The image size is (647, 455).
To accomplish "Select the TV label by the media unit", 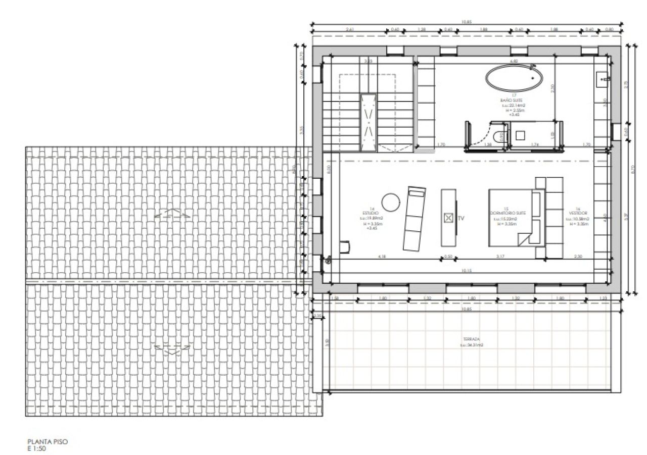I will [461, 219].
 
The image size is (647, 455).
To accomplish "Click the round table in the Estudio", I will [391, 203].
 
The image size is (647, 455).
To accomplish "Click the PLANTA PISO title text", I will [48, 441].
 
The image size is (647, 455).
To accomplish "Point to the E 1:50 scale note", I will [37, 448].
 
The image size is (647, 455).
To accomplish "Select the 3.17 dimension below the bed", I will [500, 257].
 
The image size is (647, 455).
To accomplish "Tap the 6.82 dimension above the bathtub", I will [514, 61].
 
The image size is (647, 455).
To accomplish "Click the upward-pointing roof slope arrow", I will [172, 213].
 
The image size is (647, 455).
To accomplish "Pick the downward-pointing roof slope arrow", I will [172, 348].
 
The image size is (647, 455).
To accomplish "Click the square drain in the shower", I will [520, 135].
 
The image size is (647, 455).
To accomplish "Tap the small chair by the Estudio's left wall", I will [345, 246].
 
